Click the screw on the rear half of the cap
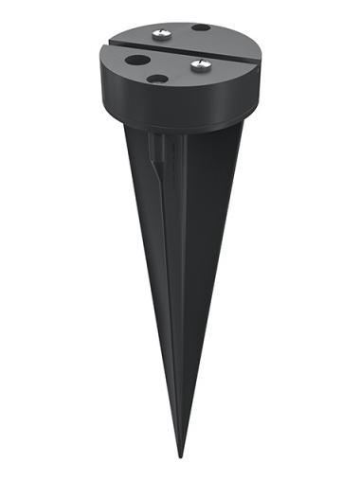158,34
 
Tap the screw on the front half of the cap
201,65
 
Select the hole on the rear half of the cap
201,27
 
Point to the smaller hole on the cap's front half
157,79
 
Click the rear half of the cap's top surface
180,33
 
